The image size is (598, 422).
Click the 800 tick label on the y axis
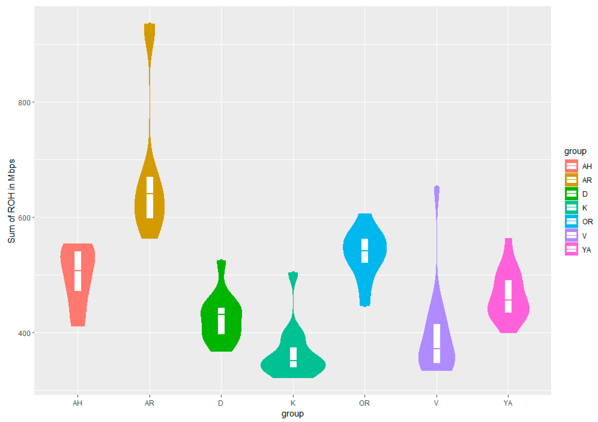24,103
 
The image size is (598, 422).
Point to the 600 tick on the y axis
24,218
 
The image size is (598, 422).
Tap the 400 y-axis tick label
24,333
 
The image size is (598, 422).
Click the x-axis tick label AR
149,403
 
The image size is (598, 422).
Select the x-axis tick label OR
364,403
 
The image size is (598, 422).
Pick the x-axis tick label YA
508,403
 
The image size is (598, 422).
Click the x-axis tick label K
293,403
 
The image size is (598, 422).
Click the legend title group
575,151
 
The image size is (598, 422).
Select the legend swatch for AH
571,166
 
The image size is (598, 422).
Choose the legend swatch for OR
571,221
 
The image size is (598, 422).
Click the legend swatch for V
571,235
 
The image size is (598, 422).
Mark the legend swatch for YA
571,249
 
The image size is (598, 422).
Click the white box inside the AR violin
150,197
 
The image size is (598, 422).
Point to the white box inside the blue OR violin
365,251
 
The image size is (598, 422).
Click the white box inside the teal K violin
293,357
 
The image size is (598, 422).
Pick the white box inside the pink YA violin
508,296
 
